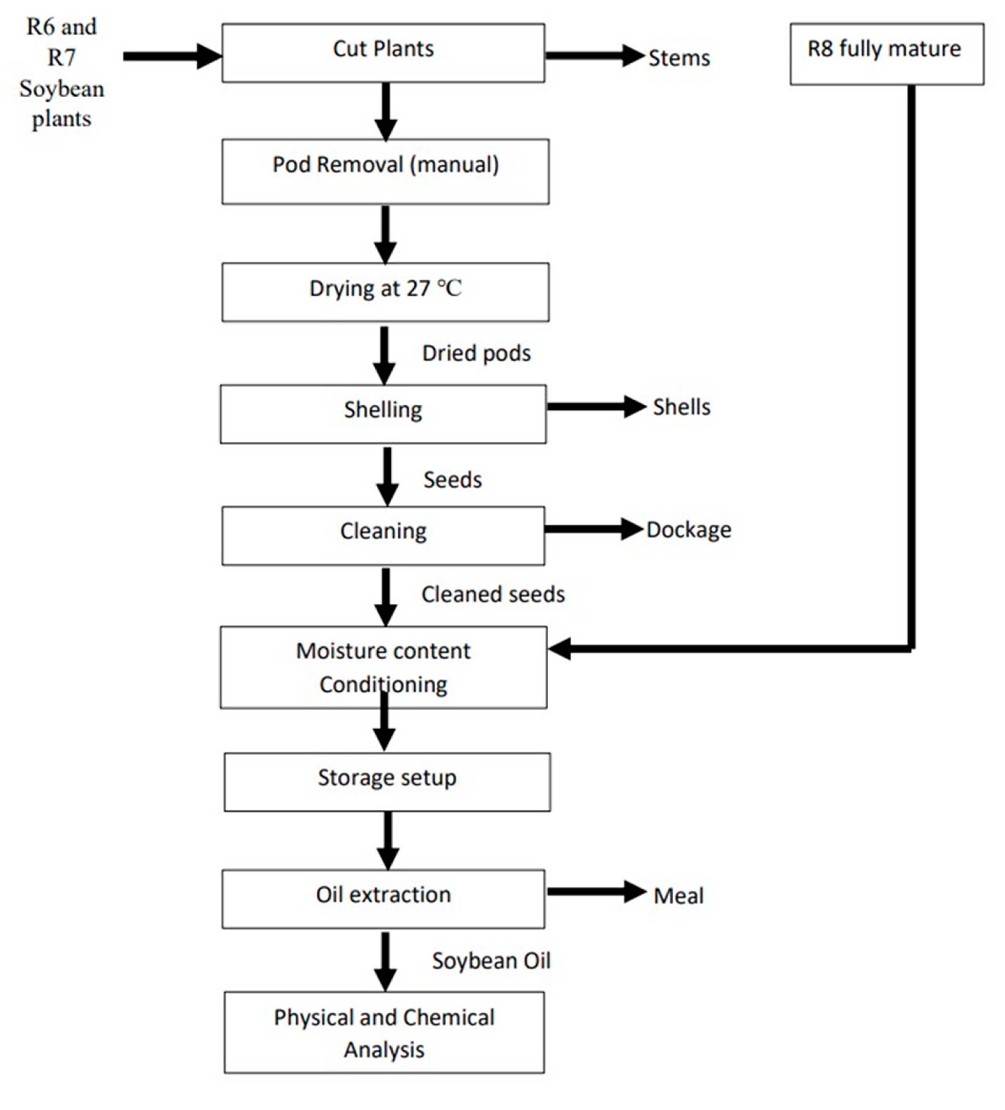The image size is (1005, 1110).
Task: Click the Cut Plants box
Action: [383, 53]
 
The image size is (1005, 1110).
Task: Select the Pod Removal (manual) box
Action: [386, 171]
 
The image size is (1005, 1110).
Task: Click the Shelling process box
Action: [383, 414]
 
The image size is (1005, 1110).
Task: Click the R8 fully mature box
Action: [887, 54]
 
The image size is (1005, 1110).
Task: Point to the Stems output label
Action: [679, 58]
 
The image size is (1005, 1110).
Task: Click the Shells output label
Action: [681, 407]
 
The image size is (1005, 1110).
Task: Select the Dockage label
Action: [688, 530]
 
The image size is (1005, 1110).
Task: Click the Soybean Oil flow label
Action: [491, 961]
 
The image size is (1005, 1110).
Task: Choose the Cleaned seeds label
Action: [493, 594]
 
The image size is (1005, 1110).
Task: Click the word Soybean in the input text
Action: [62, 89]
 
